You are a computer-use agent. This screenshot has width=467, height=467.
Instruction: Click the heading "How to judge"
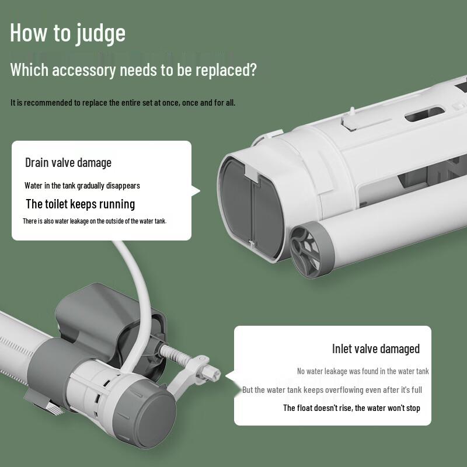68,33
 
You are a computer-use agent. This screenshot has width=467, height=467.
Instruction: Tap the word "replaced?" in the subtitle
226,69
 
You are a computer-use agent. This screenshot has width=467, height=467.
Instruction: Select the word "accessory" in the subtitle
83,70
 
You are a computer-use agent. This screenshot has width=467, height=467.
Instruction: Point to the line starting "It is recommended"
123,103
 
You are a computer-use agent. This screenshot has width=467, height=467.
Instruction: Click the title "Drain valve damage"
68,163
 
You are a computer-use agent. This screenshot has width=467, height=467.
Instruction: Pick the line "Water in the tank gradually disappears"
82,186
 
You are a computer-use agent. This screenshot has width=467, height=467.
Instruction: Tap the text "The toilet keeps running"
81,204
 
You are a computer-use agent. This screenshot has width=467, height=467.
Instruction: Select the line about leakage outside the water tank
95,221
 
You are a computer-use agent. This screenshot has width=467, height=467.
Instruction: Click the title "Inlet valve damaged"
376,348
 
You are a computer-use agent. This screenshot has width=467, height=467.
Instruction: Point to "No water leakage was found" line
363,371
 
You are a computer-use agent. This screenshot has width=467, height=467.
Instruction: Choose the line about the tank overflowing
332,390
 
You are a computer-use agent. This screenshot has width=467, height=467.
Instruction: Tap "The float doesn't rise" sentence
351,407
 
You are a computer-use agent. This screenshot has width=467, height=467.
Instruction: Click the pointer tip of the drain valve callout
200,191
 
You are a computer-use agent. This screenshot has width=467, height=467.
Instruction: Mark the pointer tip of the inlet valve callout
225,376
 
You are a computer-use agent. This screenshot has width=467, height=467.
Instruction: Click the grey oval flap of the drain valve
252,208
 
